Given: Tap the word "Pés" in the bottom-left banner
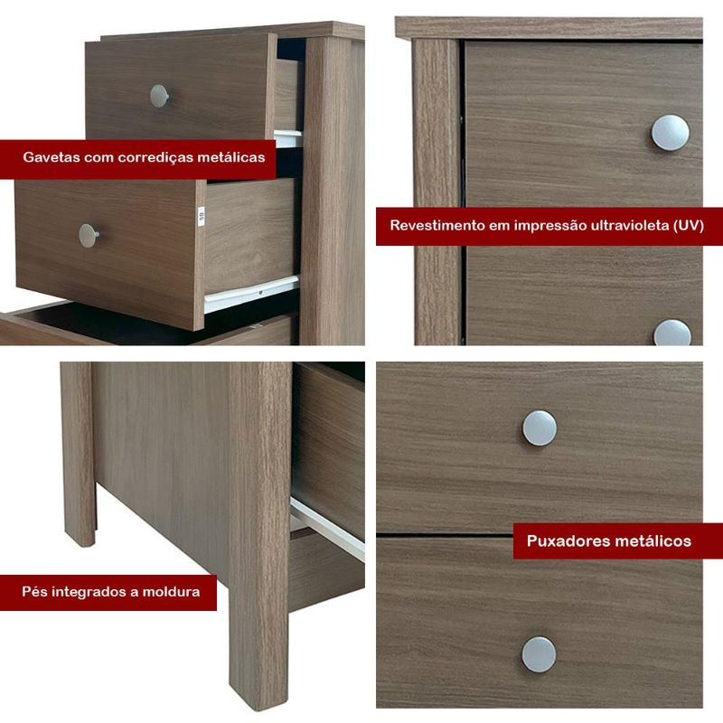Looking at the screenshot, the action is coord(34,592).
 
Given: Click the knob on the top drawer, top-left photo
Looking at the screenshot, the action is coord(159,96).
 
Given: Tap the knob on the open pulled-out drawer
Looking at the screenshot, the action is coord(88,236).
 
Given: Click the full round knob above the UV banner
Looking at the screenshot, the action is coord(670,133).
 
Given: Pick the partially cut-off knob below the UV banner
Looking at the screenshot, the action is coord(672,333).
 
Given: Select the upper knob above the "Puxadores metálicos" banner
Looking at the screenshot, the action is coord(539,427).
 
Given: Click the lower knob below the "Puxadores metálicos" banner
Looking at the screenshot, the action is coord(539,654).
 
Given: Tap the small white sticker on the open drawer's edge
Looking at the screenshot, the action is coord(201,216).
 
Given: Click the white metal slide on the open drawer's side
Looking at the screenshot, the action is coord(251,294).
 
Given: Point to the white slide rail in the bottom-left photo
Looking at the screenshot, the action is coord(327,529).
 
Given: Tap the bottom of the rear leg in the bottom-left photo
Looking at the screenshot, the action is coord(80,541).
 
